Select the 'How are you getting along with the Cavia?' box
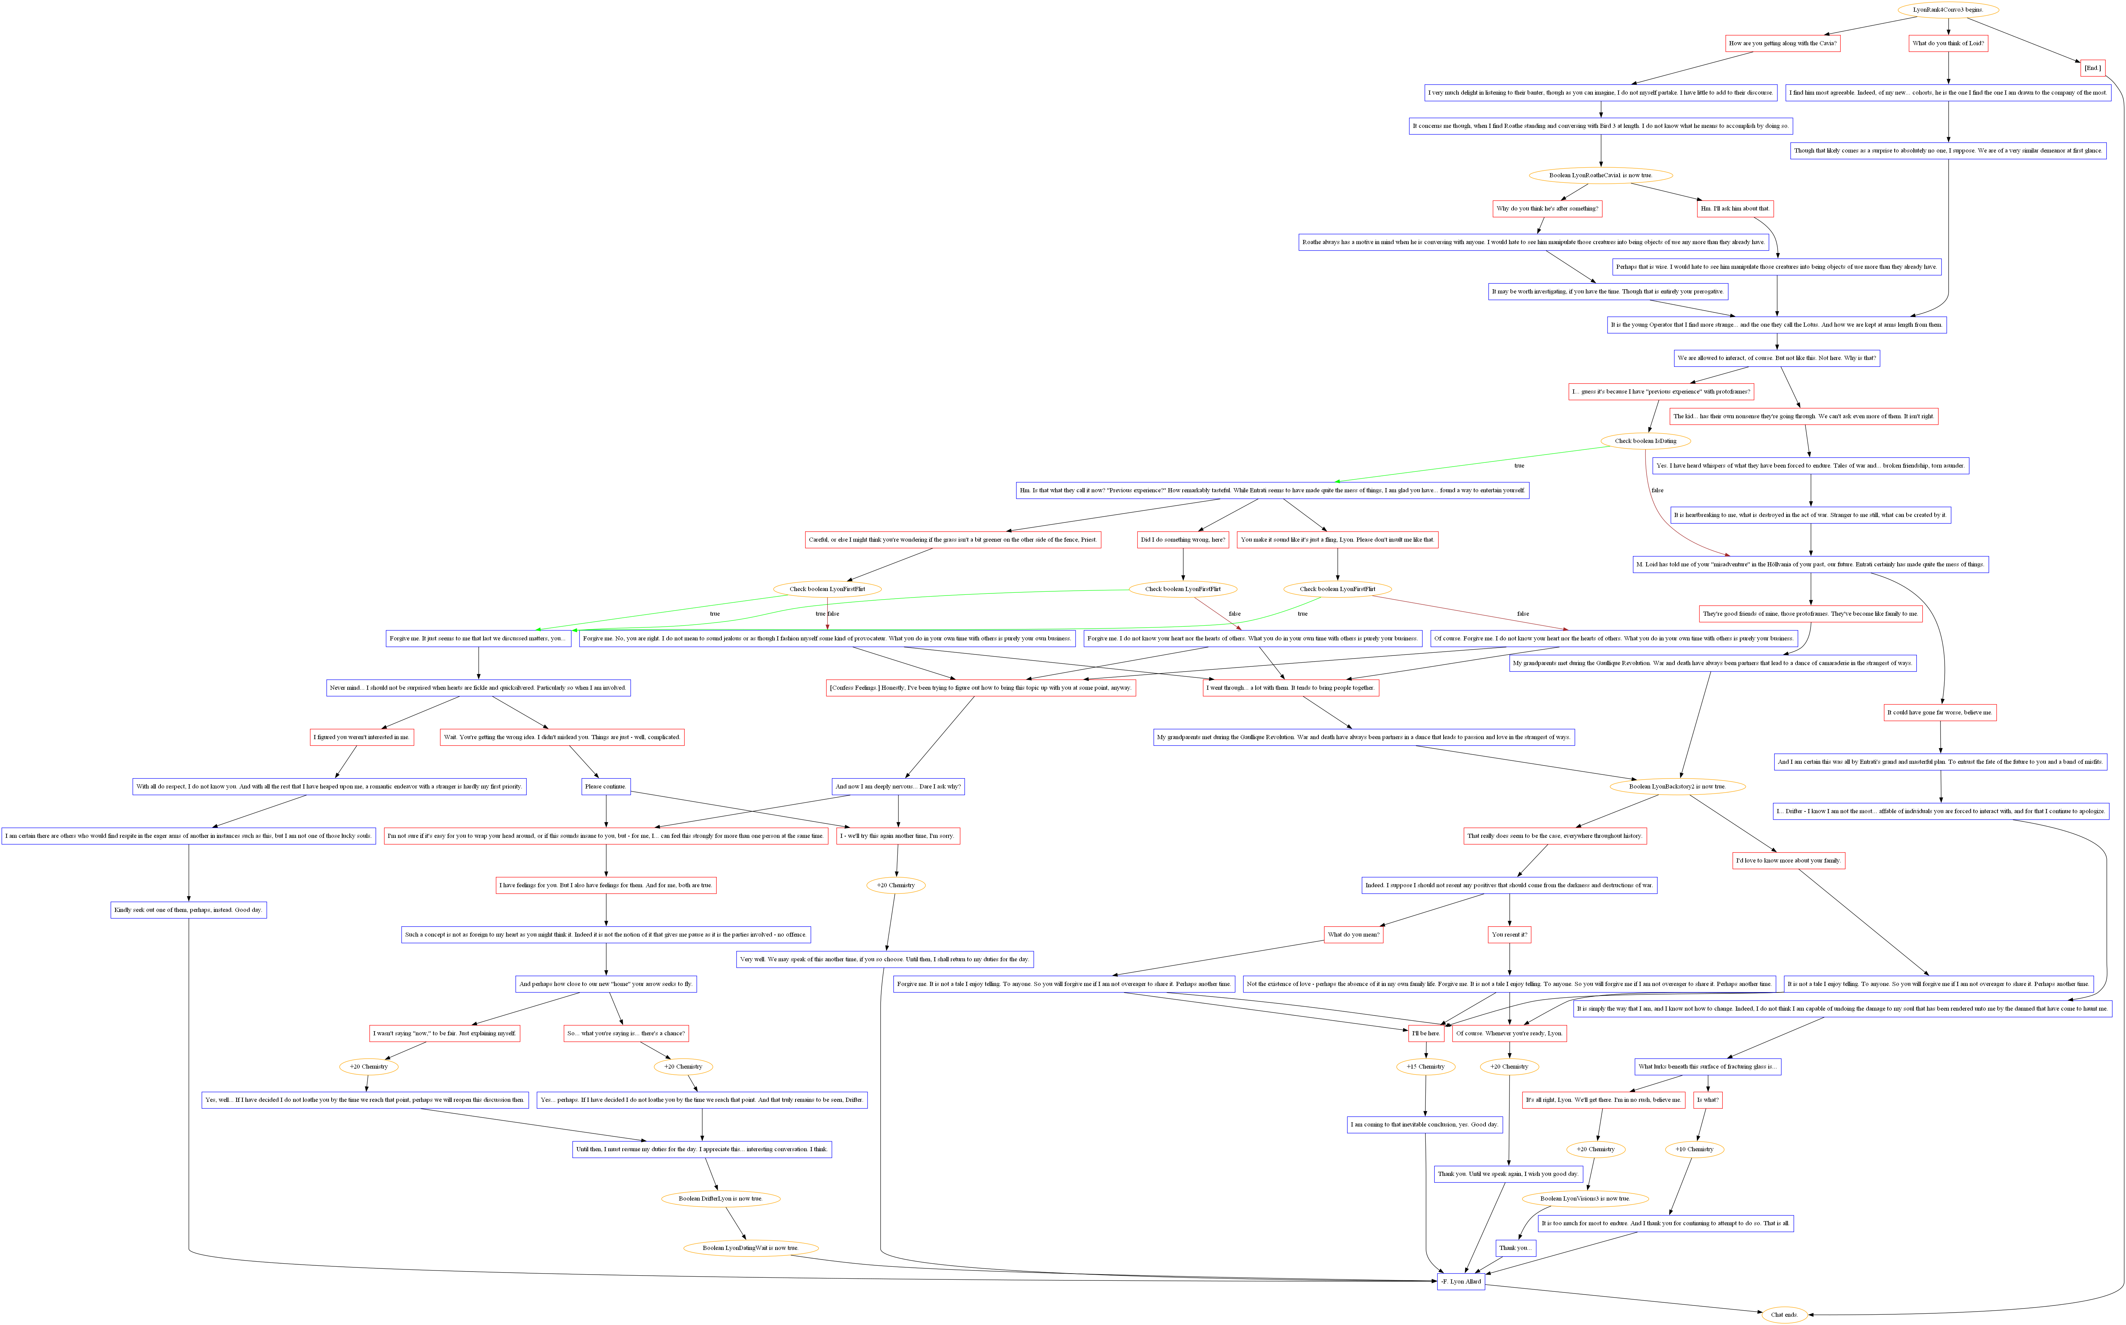1782,43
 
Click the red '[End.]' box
2092,68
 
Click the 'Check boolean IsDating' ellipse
1645,441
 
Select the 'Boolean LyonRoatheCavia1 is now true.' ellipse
1600,175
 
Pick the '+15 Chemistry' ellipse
1425,1067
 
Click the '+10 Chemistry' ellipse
1694,1149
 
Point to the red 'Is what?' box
1707,1100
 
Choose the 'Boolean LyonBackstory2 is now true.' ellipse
1676,786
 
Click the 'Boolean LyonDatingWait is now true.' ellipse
750,1248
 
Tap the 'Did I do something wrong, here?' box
1183,540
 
